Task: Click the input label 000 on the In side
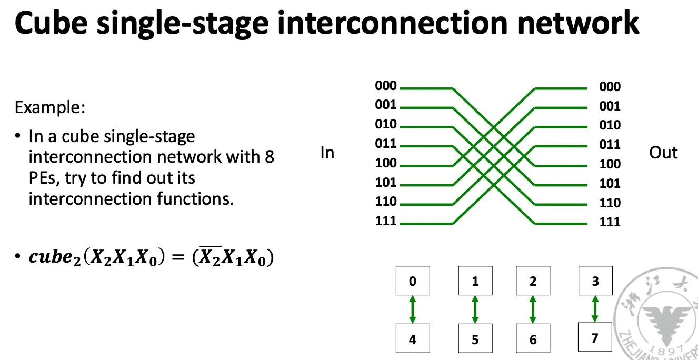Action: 386,86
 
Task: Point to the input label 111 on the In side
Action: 386,221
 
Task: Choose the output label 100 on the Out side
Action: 610,164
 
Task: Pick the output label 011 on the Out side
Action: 610,145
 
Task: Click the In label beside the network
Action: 327,153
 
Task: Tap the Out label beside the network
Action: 663,153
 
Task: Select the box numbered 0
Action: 413,281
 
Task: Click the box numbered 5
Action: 475,339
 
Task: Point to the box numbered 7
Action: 595,337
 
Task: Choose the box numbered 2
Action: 533,281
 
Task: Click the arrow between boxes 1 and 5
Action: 475,309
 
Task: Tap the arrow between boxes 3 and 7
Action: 595,308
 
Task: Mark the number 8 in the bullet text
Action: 269,157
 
